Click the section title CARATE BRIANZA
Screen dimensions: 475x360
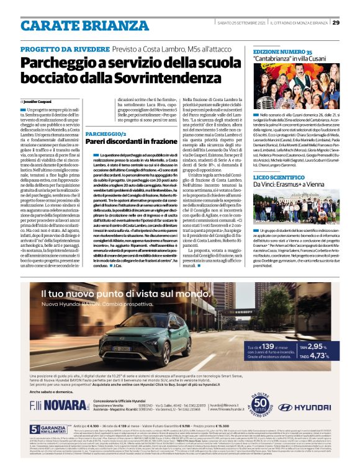click(x=74, y=25)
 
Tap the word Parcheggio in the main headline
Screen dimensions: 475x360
click(x=57, y=63)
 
